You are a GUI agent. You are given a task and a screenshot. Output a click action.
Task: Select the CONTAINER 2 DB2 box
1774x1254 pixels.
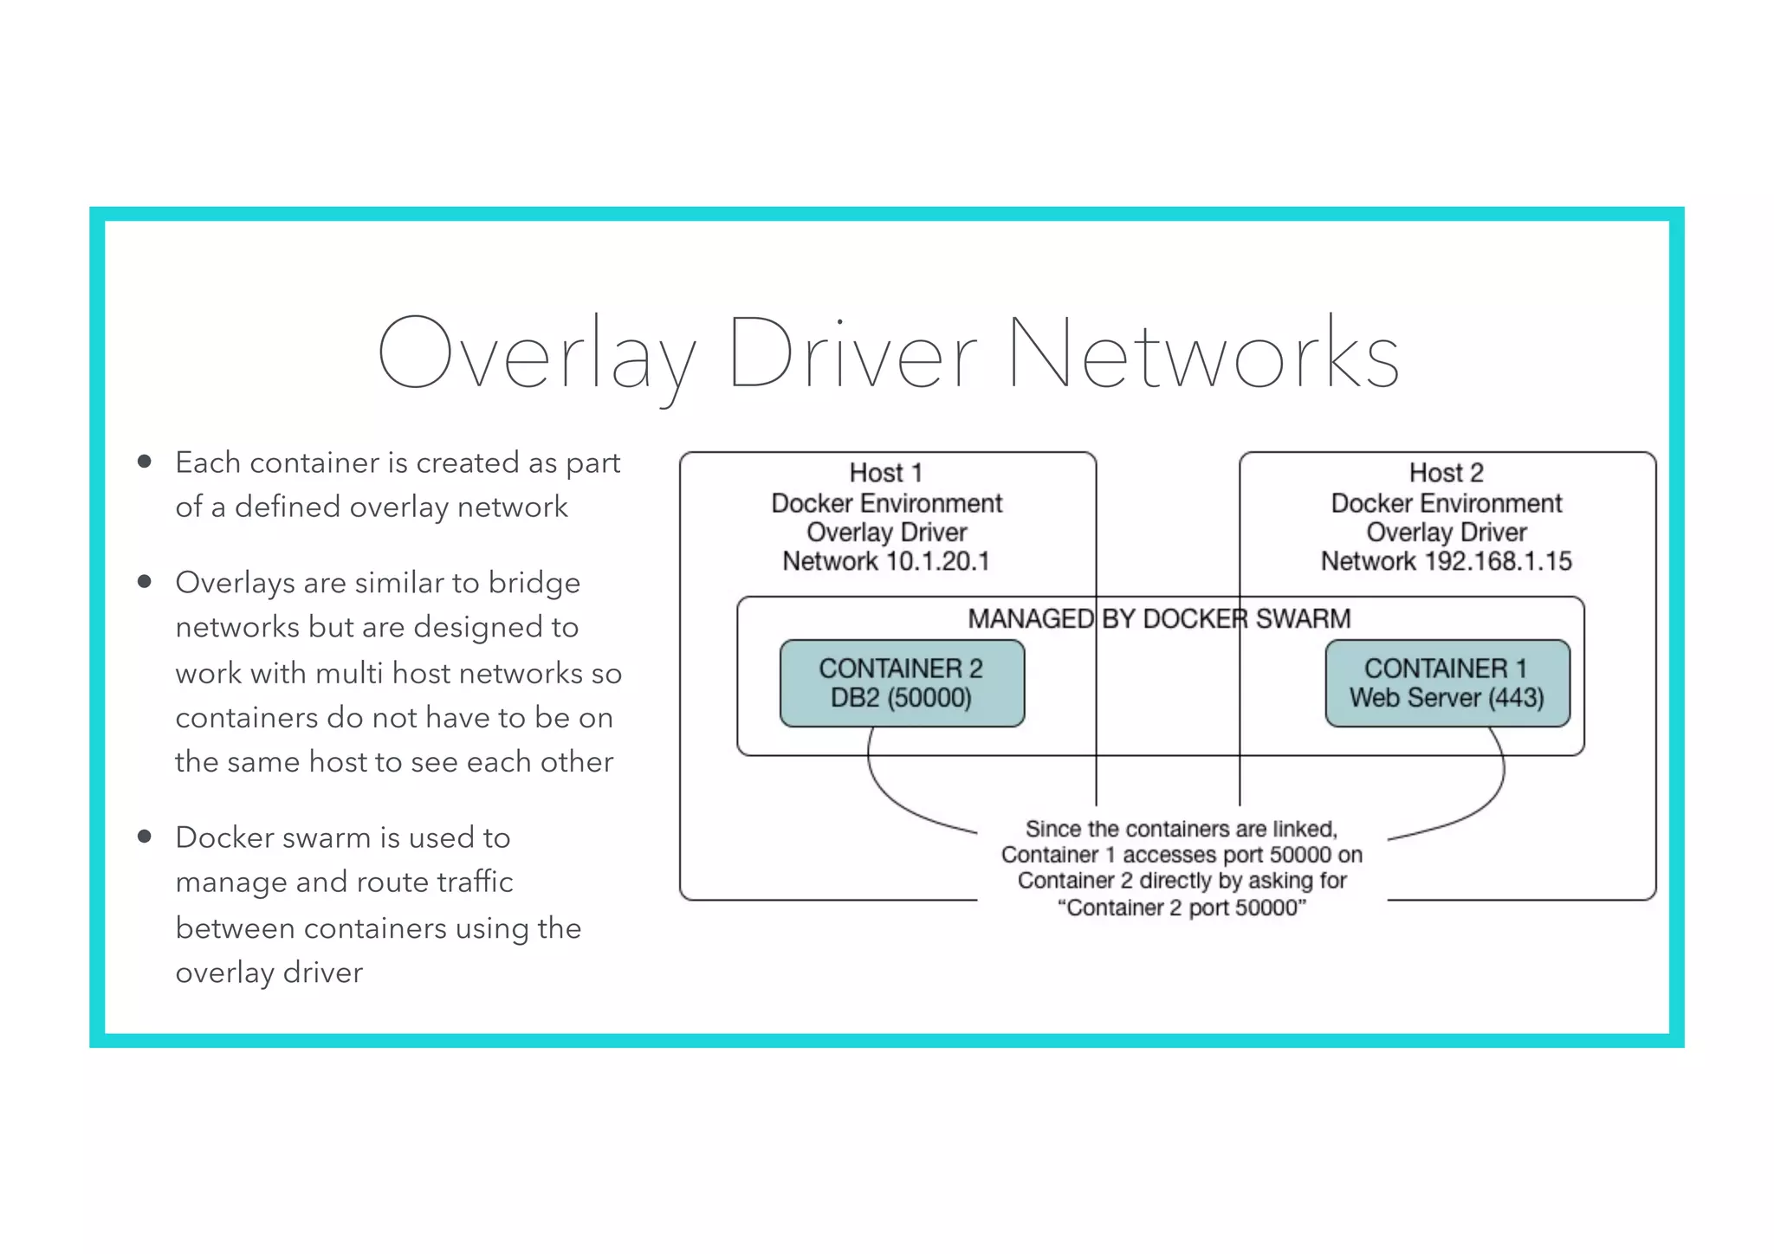pos(902,683)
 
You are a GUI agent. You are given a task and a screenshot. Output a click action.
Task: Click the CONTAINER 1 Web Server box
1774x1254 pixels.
pos(1447,683)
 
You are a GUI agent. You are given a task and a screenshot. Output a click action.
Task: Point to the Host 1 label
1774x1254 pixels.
pos(885,473)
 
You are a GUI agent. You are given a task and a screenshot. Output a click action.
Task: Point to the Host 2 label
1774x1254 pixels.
pos(1446,473)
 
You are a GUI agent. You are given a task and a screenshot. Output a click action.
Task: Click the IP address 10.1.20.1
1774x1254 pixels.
pos(938,561)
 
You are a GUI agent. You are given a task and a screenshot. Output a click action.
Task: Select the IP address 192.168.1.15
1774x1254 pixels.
pos(1498,561)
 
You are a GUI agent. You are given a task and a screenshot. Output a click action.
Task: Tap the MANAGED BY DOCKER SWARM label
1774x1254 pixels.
pos(1159,618)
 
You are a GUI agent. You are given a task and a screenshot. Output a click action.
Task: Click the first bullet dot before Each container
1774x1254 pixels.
pos(145,462)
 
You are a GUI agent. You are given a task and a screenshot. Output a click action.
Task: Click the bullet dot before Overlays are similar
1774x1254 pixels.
pos(145,581)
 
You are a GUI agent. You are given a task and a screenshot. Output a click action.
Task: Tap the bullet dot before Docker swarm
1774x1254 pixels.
pos(145,836)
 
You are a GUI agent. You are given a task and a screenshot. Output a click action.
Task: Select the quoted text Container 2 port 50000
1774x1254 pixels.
pos(1182,908)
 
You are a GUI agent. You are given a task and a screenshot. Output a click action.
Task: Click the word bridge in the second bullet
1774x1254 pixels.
pos(534,583)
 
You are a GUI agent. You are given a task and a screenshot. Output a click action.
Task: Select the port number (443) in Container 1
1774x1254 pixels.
pos(1516,698)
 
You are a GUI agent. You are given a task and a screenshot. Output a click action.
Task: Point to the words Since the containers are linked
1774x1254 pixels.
pos(1182,829)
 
